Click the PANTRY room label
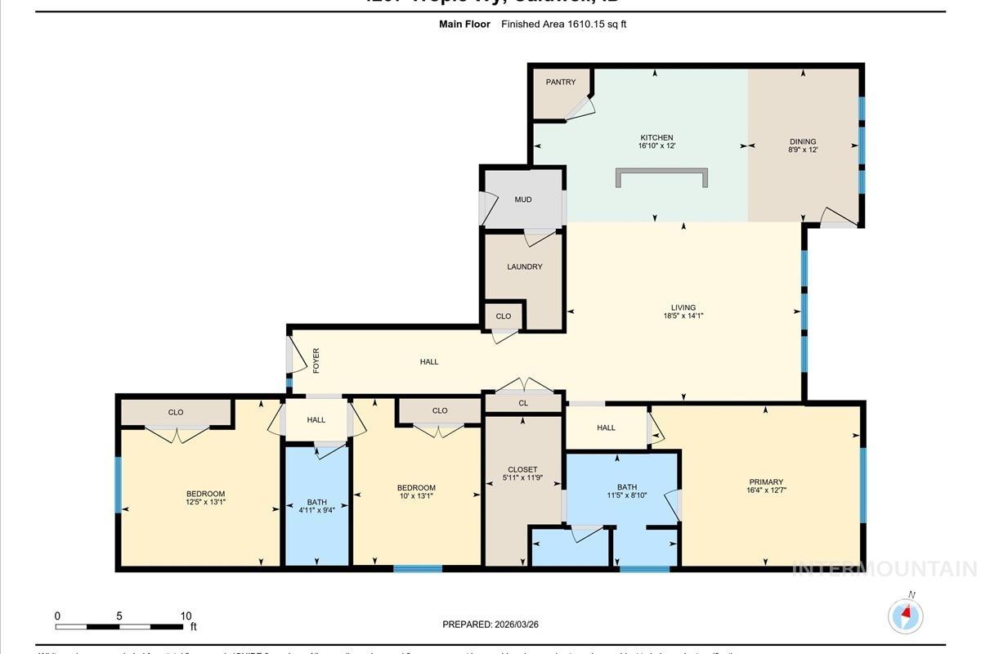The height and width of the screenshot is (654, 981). pos(561,82)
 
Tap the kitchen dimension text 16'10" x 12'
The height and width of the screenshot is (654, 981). pos(656,146)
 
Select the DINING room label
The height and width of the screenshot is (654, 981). pos(803,141)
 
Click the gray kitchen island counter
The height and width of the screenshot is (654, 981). pos(661,176)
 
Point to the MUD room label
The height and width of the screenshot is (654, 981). pos(523,199)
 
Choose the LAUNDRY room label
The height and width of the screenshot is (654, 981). pos(524,267)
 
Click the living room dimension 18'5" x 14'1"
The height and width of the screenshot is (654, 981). pos(683,315)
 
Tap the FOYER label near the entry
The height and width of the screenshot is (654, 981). pos(316,361)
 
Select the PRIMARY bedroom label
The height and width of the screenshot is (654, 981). pos(766,482)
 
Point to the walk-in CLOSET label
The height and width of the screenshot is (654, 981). pos(522,469)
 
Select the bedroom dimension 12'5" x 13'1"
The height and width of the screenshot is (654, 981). pos(205,502)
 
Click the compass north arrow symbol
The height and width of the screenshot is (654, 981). pos(906,613)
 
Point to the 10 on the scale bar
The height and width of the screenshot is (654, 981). pos(186,616)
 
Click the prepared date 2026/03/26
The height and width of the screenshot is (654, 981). pos(516,625)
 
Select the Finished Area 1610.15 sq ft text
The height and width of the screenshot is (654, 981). pos(564,25)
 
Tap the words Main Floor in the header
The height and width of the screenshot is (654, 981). pos(464,25)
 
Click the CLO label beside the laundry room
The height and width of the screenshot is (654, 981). pos(504,316)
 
